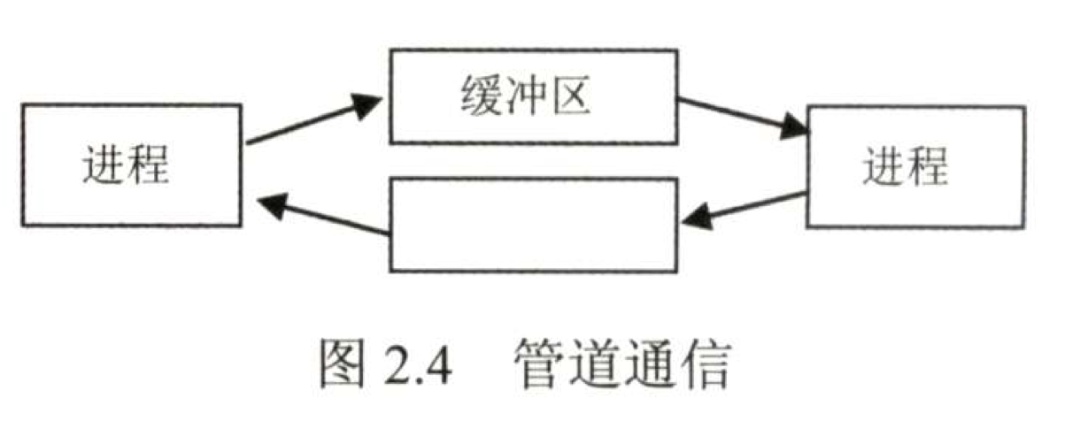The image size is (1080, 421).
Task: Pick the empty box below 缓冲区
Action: [x=534, y=224]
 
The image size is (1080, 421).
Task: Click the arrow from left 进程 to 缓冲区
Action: [x=314, y=120]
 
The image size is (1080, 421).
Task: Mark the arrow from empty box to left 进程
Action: [x=323, y=218]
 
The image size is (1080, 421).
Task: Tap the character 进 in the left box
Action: [x=105, y=165]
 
